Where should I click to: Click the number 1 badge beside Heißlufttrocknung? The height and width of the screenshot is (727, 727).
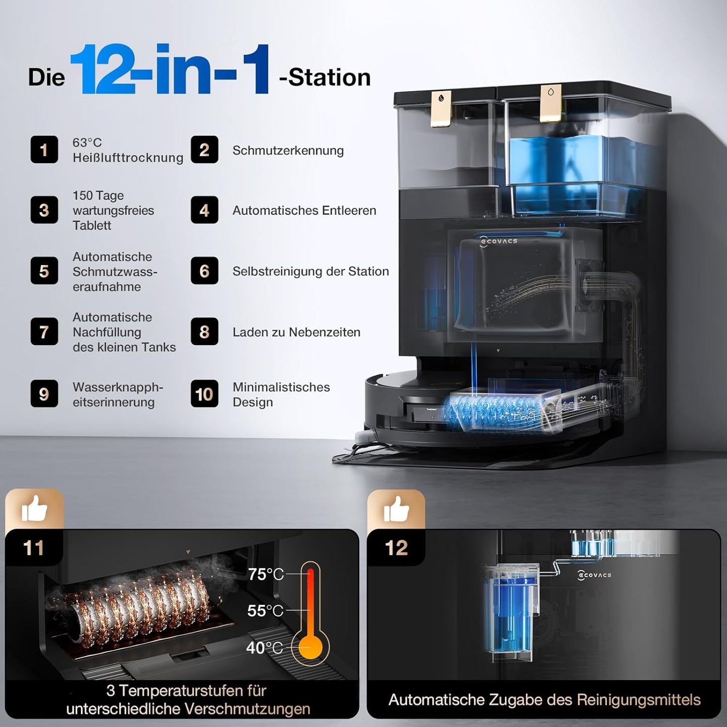pyautogui.click(x=44, y=149)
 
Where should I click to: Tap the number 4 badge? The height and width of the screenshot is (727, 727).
pyautogui.click(x=204, y=210)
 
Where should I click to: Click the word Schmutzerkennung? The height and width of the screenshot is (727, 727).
pyautogui.click(x=288, y=150)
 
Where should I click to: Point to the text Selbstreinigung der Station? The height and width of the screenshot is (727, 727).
pyautogui.click(x=310, y=271)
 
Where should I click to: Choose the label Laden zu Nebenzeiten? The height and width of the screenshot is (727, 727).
pyautogui.click(x=296, y=332)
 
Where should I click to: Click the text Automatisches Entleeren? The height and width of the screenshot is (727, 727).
pyautogui.click(x=304, y=210)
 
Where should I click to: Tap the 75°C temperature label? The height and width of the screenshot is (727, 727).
pyautogui.click(x=266, y=574)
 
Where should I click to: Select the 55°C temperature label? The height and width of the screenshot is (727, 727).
pyautogui.click(x=265, y=611)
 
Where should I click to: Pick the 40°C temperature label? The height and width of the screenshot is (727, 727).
pyautogui.click(x=265, y=648)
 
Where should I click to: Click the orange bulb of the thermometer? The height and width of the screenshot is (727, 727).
pyautogui.click(x=310, y=647)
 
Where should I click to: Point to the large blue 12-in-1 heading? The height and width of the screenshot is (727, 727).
pyautogui.click(x=170, y=69)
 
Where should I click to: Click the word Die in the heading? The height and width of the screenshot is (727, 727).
pyautogui.click(x=46, y=77)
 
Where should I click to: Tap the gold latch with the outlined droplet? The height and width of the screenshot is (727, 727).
pyautogui.click(x=550, y=102)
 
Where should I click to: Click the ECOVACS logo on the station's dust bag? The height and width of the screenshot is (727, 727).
pyautogui.click(x=499, y=241)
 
